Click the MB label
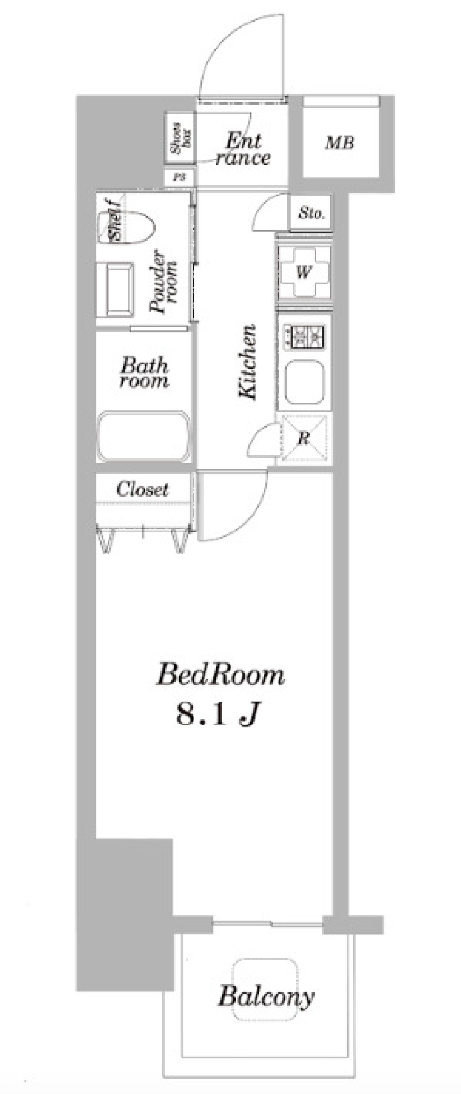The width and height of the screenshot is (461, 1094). (x=340, y=143)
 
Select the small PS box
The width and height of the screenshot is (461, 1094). (x=179, y=177)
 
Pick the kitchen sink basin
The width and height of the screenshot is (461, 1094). (x=304, y=381)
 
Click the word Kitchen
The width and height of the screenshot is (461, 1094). (x=248, y=363)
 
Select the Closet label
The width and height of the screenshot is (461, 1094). (x=142, y=490)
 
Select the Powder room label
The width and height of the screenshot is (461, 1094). (x=163, y=283)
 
